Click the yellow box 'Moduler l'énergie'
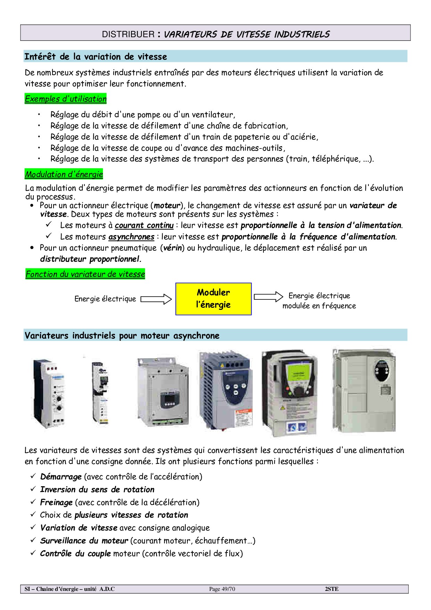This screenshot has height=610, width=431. (213, 299)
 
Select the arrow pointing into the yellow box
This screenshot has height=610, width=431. (156, 299)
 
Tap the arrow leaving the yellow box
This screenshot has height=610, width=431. (268, 297)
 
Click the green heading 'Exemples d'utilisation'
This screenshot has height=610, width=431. (66, 99)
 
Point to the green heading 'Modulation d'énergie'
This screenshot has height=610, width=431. (64, 174)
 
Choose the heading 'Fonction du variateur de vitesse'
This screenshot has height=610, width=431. (85, 274)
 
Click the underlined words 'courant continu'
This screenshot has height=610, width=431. (144, 225)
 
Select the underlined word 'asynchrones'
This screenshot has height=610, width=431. (131, 237)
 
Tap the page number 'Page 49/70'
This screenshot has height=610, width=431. (222, 589)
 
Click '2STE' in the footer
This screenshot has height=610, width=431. (332, 589)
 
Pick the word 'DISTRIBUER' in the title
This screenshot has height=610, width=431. (128, 34)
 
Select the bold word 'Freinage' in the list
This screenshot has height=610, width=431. (56, 502)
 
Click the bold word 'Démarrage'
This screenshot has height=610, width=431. (61, 476)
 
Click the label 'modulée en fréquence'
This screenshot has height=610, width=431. (319, 306)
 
